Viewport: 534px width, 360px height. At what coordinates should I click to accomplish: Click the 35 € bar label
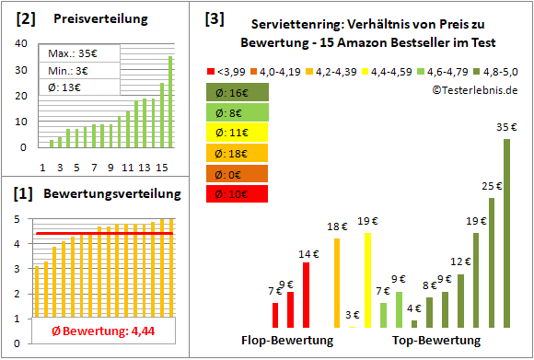point(505,129)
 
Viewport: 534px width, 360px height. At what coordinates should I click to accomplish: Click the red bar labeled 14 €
point(307,295)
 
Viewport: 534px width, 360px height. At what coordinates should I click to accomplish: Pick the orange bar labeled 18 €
point(337,283)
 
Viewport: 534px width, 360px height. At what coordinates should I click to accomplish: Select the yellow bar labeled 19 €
point(368,280)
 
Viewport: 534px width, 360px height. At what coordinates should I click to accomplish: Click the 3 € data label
point(353,315)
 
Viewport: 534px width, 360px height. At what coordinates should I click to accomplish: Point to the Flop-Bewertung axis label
point(286,340)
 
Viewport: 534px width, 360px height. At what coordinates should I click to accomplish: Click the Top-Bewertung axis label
point(435,340)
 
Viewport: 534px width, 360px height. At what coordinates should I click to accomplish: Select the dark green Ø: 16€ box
point(237,92)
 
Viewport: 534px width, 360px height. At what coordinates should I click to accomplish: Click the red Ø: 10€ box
point(237,194)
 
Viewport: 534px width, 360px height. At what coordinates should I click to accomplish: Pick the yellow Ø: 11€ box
point(237,134)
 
